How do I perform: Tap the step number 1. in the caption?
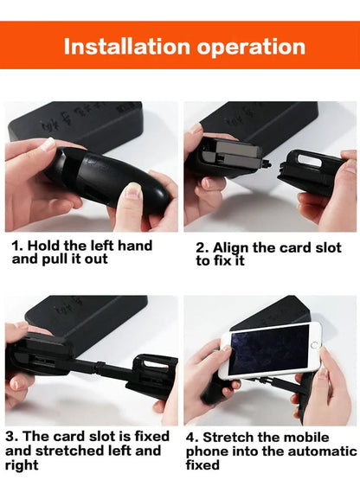point(17,246)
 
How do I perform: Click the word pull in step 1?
point(57,259)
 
